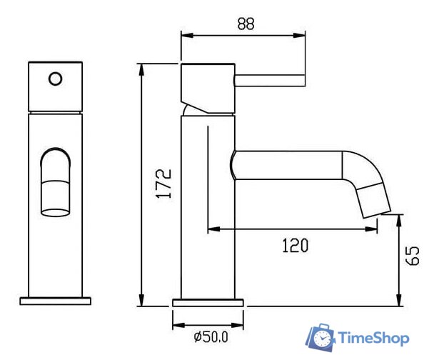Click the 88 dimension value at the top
(246, 24)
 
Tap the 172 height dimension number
(164, 184)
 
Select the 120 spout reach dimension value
(295, 245)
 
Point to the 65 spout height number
(413, 256)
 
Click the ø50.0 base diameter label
(211, 337)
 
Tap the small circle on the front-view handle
(56, 79)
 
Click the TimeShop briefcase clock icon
(321, 338)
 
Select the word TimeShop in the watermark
(373, 338)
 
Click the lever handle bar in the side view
(270, 81)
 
